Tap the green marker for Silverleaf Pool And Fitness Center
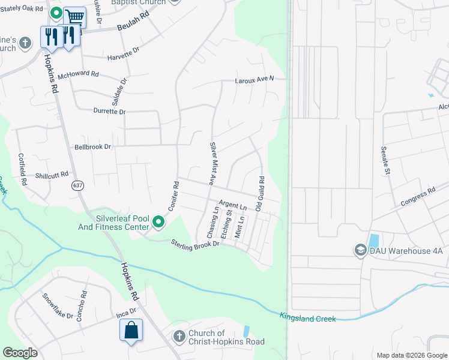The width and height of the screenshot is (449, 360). [x=158, y=223]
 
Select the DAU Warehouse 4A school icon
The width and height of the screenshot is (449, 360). [x=361, y=250]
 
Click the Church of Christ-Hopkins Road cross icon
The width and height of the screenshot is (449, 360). [x=178, y=337]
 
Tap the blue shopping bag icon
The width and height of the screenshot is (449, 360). [x=131, y=331]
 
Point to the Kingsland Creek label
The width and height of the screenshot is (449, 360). [x=307, y=317]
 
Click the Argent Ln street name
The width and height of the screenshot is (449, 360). [x=233, y=206]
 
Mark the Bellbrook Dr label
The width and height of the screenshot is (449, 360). [x=93, y=146]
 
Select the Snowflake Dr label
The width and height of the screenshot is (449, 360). [x=57, y=306]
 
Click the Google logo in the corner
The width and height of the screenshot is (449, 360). [x=20, y=353]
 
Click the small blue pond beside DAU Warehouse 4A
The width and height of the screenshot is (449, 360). [x=375, y=241]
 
